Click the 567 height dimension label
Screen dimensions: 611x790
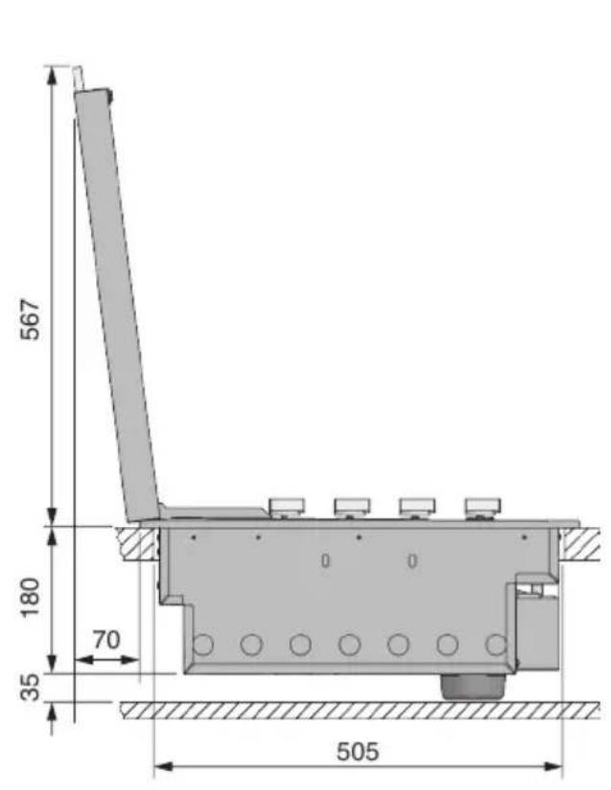point(30,320)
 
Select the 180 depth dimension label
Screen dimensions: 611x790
point(30,596)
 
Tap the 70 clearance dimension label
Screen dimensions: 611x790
point(106,640)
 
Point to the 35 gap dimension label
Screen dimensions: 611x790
point(30,687)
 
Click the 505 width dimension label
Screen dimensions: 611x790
point(358,752)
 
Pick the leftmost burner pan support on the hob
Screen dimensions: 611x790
point(287,508)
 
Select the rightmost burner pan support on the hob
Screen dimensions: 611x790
point(482,508)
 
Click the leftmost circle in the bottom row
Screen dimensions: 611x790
point(202,644)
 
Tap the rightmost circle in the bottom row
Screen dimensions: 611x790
point(496,644)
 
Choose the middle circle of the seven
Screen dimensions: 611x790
point(349,644)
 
